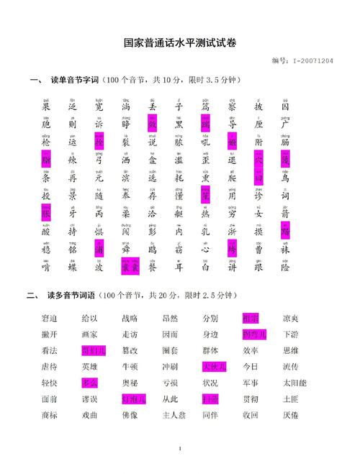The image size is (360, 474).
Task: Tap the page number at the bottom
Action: coord(179,450)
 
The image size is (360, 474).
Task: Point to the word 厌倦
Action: coord(290,415)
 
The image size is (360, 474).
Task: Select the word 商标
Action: coord(50,415)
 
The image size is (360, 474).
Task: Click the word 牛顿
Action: coord(130,367)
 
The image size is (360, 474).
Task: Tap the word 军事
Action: coord(250,383)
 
